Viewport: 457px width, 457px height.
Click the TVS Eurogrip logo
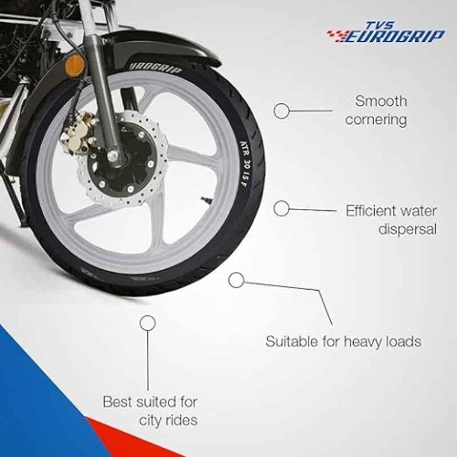click(x=386, y=32)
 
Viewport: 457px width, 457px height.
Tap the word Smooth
click(x=380, y=102)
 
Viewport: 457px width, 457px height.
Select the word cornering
click(x=376, y=120)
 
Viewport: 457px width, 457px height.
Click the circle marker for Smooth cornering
click(x=281, y=111)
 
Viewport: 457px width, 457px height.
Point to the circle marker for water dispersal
click(x=281, y=209)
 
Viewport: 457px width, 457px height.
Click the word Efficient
click(x=369, y=211)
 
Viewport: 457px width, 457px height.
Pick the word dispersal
click(x=407, y=229)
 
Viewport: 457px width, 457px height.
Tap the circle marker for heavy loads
click(x=236, y=280)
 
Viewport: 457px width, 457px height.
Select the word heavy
click(x=363, y=342)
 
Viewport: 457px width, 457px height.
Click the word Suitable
click(x=292, y=341)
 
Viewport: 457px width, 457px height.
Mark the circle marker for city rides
click(x=147, y=323)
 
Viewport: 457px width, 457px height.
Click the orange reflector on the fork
click(x=75, y=66)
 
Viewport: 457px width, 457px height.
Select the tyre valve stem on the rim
click(x=206, y=199)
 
